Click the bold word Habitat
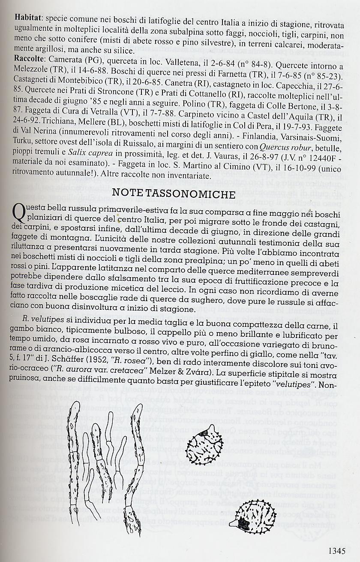pyautogui.click(x=28, y=18)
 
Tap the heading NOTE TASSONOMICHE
pyautogui.click(x=174, y=193)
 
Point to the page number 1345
pyautogui.click(x=341, y=550)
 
